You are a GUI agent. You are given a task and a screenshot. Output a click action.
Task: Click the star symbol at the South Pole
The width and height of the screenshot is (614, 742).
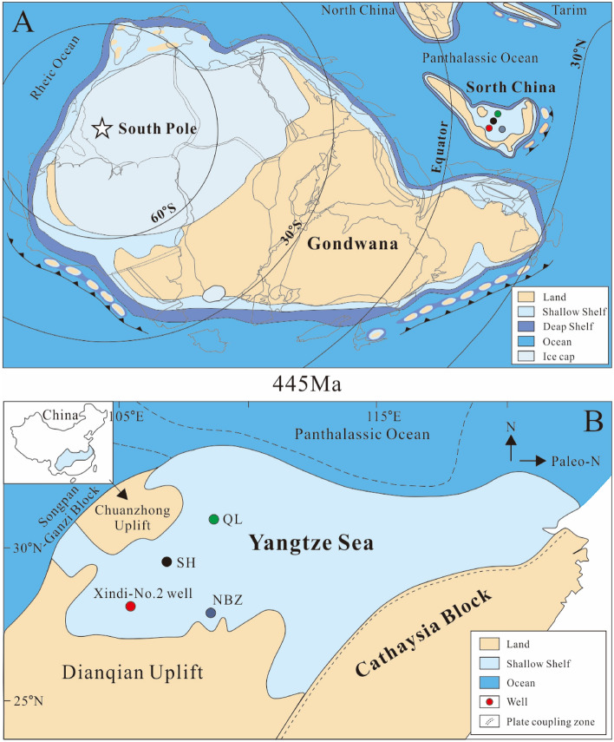coord(101,129)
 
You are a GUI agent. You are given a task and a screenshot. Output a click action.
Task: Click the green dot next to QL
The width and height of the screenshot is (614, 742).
coord(214,519)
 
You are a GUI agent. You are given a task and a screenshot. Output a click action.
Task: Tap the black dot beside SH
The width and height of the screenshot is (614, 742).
coord(166,561)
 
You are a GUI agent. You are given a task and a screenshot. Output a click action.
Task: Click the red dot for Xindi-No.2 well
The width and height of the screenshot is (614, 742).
coord(130,606)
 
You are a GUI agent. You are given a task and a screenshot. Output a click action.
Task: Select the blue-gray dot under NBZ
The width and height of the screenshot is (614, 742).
coord(211,614)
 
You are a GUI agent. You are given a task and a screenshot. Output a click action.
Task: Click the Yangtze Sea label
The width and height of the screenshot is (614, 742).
coord(311,544)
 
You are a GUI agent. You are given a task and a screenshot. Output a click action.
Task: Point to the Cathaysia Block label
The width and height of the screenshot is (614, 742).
coord(428,638)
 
